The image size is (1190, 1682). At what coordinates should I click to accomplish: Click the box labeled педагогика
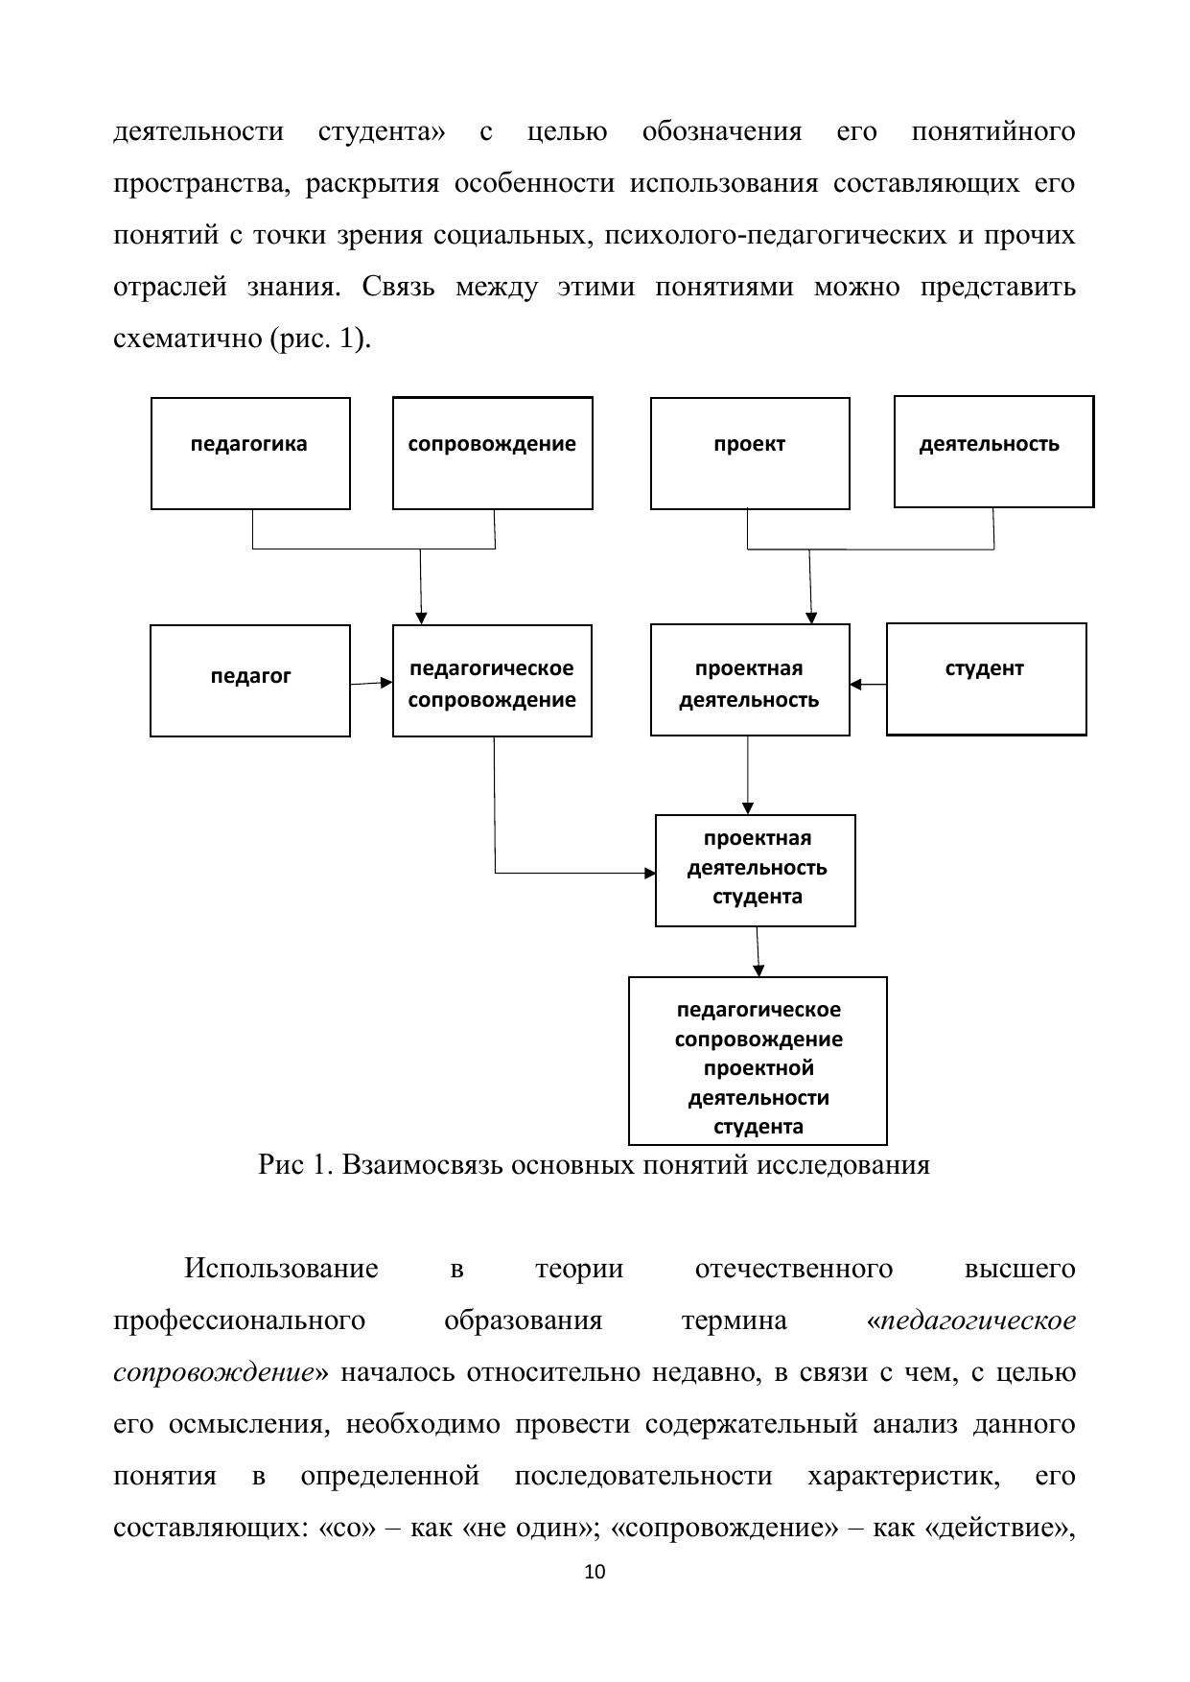pos(250,453)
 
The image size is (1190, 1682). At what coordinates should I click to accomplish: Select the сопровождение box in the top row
pos(492,453)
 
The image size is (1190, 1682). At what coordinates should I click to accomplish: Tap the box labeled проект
pos(750,453)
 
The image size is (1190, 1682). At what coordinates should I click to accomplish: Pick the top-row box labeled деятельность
pos(993,452)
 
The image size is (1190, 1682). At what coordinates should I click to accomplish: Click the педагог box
pos(250,680)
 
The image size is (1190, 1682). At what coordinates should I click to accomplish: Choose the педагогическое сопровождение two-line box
pos(492,680)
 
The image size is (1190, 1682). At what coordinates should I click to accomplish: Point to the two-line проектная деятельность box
pos(750,680)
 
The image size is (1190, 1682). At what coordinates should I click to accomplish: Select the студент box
pos(986,678)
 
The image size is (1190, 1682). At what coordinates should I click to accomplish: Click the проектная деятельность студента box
pos(756,870)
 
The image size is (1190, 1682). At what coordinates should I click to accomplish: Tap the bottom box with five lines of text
pos(758,1060)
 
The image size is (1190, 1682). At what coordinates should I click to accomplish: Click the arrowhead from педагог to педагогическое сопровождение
pos(386,683)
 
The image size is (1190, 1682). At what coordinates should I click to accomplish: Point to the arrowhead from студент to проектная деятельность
pos(855,684)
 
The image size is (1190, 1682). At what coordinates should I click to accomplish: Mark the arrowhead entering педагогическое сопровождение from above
pos(421,618)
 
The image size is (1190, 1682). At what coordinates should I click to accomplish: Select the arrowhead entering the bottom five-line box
pos(758,970)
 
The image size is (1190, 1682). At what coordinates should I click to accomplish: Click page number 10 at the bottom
pos(595,1572)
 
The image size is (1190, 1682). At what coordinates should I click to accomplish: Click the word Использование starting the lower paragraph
pos(281,1269)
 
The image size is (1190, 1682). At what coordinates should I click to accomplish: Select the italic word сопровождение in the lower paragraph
pos(213,1372)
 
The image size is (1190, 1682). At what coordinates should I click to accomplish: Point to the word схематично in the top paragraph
pos(187,339)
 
